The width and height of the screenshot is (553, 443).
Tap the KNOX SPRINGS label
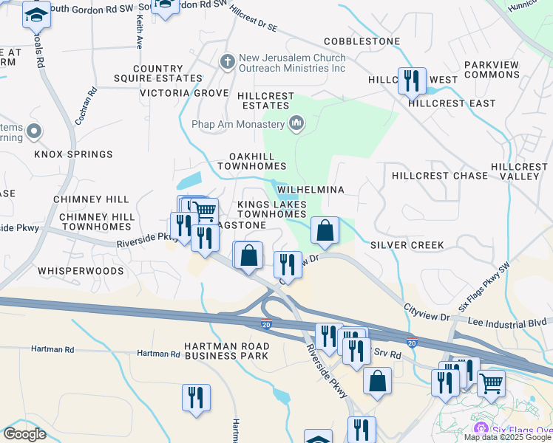73,154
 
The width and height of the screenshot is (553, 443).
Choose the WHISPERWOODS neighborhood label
81,271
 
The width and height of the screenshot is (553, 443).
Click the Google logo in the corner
24,433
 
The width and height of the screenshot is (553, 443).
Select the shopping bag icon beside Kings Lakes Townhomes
325,230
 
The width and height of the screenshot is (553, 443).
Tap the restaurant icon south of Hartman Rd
196,397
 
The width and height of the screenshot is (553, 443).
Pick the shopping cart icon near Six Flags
491,383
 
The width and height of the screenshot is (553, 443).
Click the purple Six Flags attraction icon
481,429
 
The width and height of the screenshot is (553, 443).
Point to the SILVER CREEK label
407,245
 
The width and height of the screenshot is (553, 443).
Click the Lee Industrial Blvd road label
509,323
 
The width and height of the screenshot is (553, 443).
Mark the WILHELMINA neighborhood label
311,190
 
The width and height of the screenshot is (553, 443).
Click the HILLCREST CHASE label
440,176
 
